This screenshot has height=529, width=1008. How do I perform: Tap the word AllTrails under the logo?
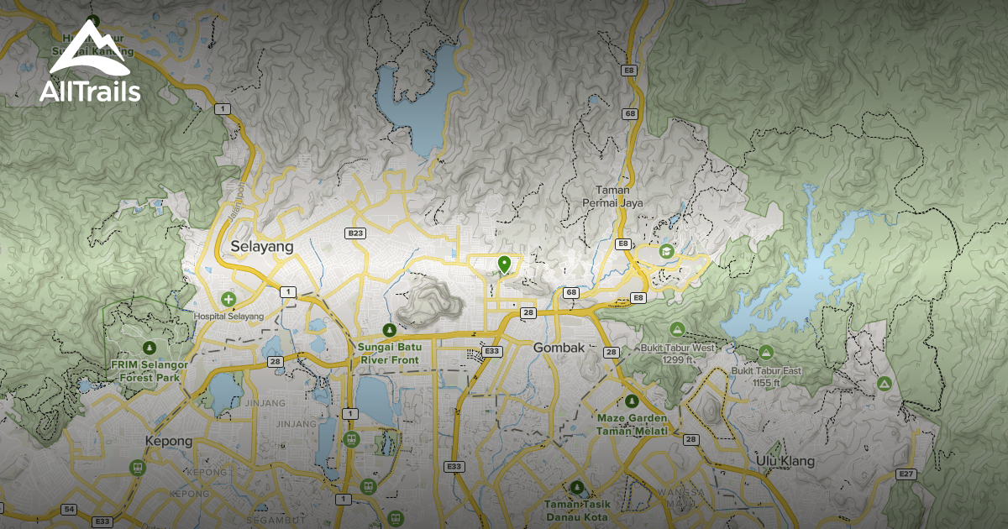click(x=90, y=91)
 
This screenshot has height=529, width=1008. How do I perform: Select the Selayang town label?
click(x=261, y=247)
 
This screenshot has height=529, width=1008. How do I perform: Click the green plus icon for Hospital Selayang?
click(x=228, y=299)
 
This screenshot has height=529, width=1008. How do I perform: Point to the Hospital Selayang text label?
click(x=228, y=316)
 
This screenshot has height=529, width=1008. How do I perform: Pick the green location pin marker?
click(x=504, y=264)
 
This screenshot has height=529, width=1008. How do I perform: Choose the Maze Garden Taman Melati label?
click(x=633, y=424)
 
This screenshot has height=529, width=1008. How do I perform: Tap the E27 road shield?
click(x=906, y=474)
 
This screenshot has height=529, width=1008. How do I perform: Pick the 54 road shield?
click(x=69, y=510)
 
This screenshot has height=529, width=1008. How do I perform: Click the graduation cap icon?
click(x=666, y=252)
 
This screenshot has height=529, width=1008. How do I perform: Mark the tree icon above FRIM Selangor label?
click(x=150, y=347)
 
